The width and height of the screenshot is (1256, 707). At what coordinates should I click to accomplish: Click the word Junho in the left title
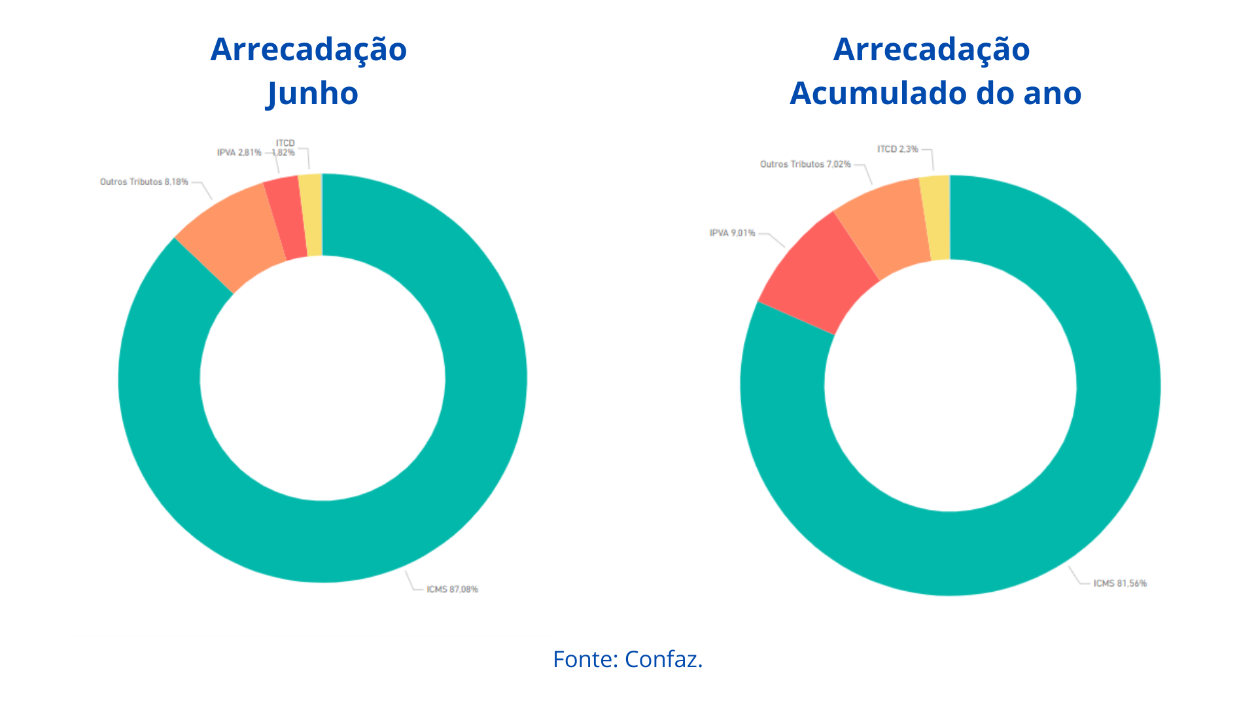tap(313, 93)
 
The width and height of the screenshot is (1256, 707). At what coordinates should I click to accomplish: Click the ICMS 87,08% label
tap(452, 589)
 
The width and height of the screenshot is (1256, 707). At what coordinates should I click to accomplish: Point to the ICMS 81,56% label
tap(1120, 583)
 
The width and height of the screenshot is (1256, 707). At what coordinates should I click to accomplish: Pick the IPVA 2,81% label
tap(239, 153)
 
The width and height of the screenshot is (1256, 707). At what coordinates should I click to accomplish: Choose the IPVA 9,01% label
tap(732, 233)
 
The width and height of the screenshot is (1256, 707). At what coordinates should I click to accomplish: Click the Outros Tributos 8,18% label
tap(144, 182)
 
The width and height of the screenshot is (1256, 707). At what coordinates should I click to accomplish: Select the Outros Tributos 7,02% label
tap(805, 164)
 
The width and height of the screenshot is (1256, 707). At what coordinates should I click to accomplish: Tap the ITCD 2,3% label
tap(898, 149)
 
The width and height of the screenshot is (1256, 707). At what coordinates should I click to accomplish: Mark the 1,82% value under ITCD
tap(284, 153)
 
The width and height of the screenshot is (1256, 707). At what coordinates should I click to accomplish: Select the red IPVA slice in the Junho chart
tap(286, 218)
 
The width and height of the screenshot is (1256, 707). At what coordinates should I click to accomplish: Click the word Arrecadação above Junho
tap(309, 49)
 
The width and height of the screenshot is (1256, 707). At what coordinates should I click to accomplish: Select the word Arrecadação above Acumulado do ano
tap(932, 49)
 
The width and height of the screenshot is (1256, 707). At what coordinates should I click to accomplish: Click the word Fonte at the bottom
tap(585, 659)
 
